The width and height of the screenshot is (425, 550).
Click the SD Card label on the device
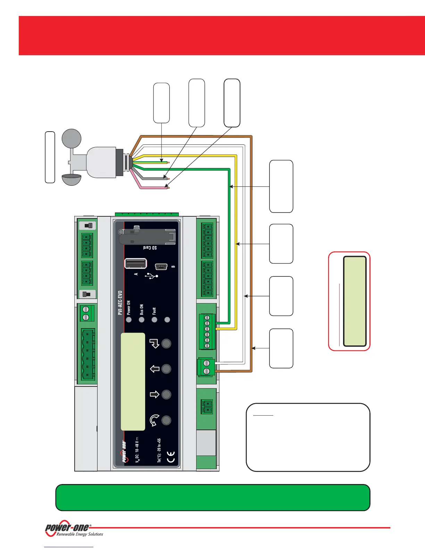click(150, 248)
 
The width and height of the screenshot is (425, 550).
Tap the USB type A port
click(135, 264)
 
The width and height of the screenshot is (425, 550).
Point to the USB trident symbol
click(151, 276)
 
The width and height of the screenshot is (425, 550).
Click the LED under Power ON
click(129, 319)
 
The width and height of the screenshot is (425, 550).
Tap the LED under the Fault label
click(155, 319)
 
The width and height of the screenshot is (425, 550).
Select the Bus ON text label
click(142, 309)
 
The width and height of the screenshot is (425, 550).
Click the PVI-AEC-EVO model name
click(120, 303)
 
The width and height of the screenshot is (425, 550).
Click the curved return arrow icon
click(154, 420)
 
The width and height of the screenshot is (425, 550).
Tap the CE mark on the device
click(171, 457)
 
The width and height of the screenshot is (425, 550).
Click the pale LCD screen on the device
click(133, 381)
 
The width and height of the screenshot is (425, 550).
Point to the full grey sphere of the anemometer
click(72, 138)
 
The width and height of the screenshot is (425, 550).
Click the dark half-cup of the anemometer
click(72, 179)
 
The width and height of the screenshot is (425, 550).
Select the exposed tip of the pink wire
click(168, 188)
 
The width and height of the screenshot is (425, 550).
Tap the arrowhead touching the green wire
click(231, 186)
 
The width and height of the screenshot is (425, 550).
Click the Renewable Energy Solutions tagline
click(80, 534)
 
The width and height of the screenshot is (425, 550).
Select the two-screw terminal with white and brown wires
click(206, 367)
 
